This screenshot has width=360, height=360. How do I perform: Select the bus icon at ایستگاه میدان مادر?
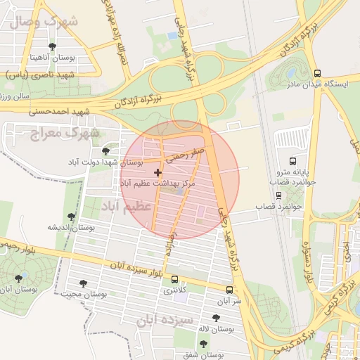[x=317, y=72]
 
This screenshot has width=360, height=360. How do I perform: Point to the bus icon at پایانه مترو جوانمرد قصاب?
[x=293, y=161]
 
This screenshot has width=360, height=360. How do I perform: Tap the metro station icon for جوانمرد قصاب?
[x=277, y=195]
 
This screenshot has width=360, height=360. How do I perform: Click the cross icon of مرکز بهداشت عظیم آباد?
[x=157, y=172]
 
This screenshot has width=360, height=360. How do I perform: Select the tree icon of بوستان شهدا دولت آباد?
[x=105, y=151]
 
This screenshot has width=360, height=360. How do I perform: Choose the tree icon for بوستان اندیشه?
[x=70, y=217]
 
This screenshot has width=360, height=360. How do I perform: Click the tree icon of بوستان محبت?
[x=84, y=283]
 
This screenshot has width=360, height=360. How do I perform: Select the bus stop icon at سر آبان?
[x=229, y=290]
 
